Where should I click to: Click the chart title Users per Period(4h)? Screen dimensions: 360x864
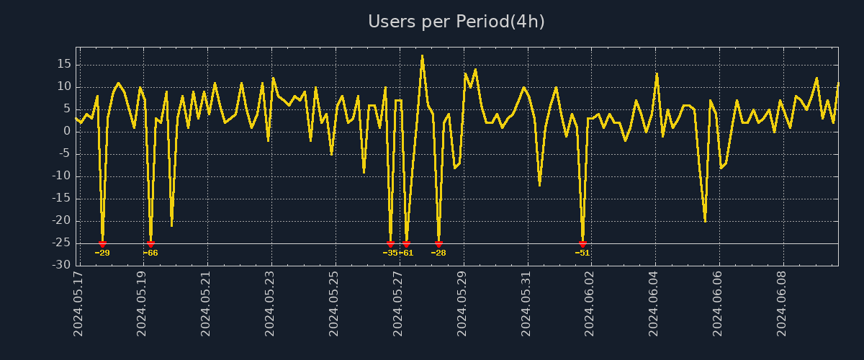point(456,22)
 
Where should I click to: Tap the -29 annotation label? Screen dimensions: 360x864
point(102,253)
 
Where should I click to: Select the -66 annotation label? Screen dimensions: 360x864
point(150,253)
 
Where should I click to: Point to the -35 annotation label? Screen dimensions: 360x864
point(390,253)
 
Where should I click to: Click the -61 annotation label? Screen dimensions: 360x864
point(406,253)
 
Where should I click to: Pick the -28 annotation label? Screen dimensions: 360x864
point(438,253)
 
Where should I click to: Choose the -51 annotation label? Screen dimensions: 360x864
point(582,253)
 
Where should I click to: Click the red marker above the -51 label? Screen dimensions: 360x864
point(582,244)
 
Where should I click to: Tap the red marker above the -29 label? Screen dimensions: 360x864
point(102,244)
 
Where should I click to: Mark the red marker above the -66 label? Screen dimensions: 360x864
point(150,244)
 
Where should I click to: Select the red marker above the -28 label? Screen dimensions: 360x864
point(438,244)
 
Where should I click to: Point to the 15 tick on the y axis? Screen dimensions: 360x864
point(64,64)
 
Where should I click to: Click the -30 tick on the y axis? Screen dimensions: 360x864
point(61,265)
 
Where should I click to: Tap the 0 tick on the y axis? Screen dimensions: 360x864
point(67,131)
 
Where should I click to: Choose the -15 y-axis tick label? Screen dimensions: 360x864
point(61,198)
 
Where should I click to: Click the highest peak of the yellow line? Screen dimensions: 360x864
point(422,55)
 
